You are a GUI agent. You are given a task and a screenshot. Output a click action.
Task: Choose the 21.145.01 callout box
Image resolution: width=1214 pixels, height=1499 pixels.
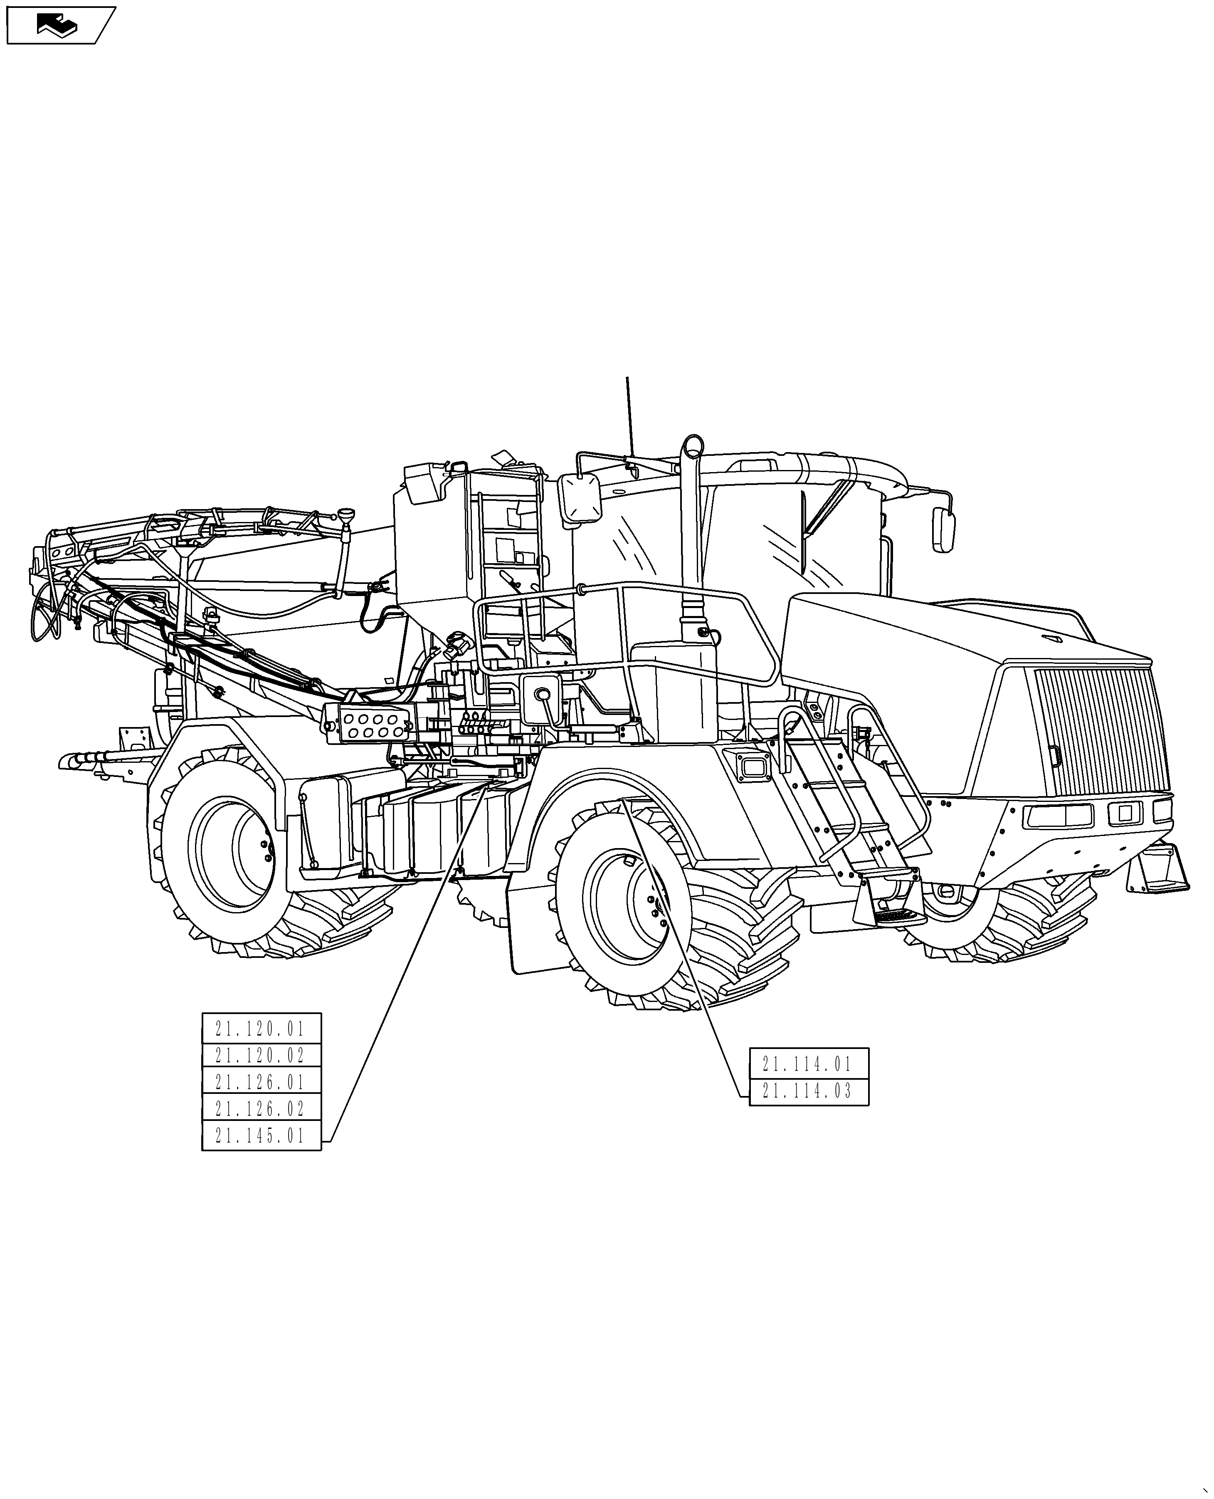tap(261, 1135)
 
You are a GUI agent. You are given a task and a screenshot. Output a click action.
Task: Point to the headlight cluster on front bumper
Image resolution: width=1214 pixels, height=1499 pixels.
tap(1057, 814)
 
